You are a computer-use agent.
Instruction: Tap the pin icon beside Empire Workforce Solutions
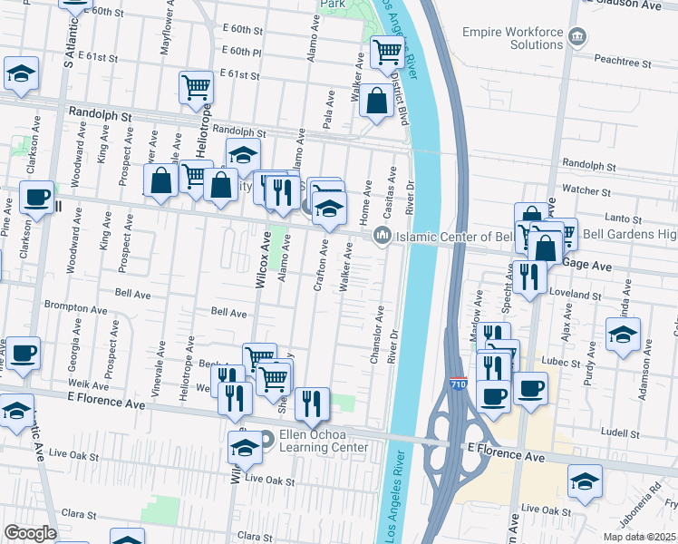pos(577,37)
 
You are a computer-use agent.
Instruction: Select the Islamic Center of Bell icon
pos(382,236)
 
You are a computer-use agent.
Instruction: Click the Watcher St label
pos(586,190)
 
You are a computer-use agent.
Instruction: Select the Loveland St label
pos(579,296)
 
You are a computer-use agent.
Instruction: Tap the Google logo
pos(30,533)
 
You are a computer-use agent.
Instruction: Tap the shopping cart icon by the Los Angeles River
pos(387,53)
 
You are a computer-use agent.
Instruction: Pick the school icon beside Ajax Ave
pos(623,334)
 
